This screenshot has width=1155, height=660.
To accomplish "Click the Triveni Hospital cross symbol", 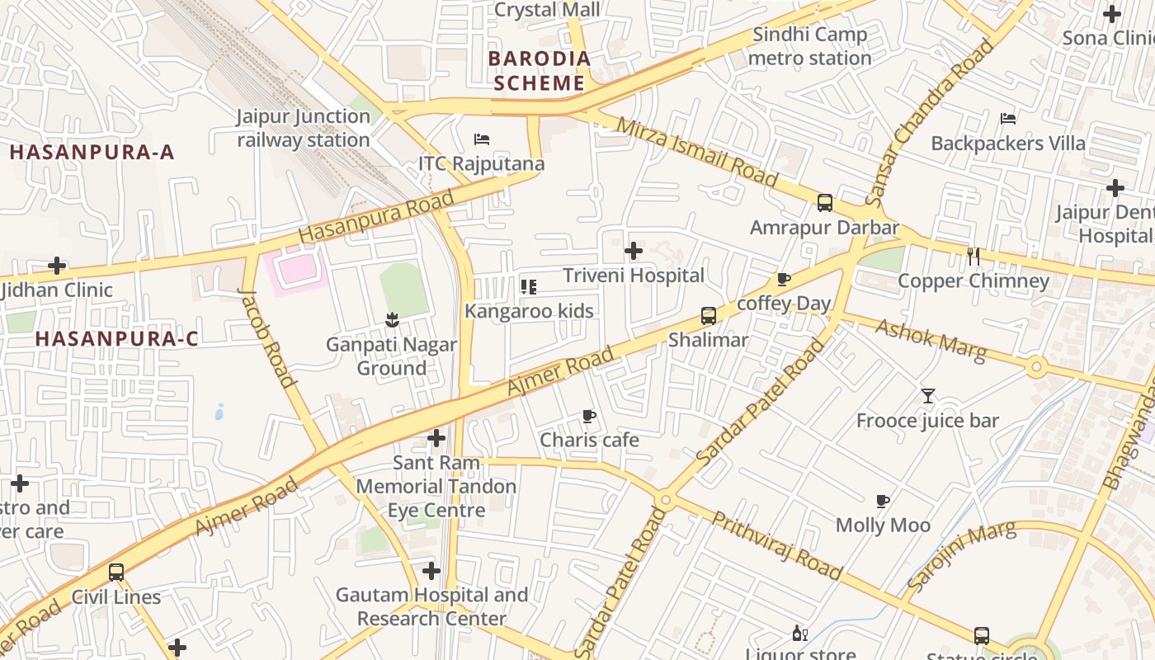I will [x=634, y=250].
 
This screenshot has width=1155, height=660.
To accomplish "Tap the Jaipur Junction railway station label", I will [x=304, y=128].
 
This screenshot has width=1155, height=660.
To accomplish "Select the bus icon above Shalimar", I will [x=708, y=315].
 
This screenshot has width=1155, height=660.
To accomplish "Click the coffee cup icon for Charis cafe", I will [x=588, y=416].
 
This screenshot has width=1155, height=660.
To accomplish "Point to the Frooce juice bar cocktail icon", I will [x=927, y=396].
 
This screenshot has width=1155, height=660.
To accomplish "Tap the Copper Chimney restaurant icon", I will [x=973, y=257].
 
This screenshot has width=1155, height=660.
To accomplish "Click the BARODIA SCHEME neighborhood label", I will [x=540, y=71].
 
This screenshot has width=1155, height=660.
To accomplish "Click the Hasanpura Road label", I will [x=376, y=216].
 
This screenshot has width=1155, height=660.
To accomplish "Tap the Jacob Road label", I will [x=266, y=337].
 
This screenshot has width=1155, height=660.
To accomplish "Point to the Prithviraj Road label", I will [x=776, y=545].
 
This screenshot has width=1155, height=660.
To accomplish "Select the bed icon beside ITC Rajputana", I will [x=482, y=139].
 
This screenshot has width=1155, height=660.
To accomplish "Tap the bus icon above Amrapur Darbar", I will [x=824, y=203].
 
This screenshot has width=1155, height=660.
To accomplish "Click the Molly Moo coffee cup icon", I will [x=883, y=501].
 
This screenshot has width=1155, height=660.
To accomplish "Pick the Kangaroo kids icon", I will [x=529, y=287].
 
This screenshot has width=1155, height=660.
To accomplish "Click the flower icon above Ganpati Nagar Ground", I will [x=392, y=319].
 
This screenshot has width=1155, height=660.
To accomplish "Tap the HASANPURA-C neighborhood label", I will [x=116, y=338].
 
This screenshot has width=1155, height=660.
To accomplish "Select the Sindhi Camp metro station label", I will [x=809, y=46].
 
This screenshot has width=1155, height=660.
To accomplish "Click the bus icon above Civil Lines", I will [x=116, y=572].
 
